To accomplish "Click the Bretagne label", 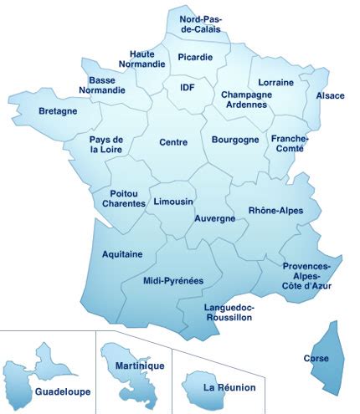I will coord(58,110).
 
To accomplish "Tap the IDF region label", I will coord(186,86).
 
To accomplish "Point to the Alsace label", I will coord(330,95).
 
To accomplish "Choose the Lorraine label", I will coord(275,83).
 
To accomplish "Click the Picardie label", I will coord(195,57).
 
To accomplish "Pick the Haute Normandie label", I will coord(147,59).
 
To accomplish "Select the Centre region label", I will coord(172,142).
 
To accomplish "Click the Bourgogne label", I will coord(235,140).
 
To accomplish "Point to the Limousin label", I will coord(173,202).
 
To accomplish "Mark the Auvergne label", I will coord(214,217).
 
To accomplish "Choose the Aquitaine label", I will coord(121,253).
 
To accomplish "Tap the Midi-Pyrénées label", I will coord(173,281).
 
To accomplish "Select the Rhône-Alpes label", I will coord(275,210).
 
